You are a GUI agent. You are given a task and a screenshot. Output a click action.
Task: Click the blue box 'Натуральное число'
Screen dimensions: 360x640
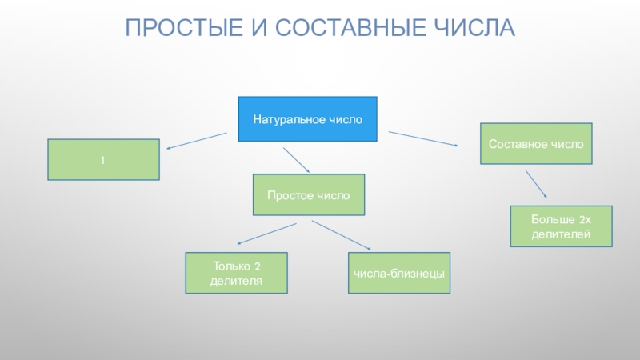pyautogui.click(x=308, y=120)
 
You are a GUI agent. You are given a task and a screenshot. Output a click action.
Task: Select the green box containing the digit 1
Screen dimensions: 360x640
pyautogui.click(x=103, y=160)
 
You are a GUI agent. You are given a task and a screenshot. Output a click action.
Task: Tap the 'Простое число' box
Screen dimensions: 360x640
pyautogui.click(x=308, y=195)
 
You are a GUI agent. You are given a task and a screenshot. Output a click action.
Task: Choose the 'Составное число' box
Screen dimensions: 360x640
pyautogui.click(x=536, y=144)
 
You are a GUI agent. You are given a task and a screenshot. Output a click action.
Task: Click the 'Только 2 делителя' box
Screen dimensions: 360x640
pyautogui.click(x=237, y=273)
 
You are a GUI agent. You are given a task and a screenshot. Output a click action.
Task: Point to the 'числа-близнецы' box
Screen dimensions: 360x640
pyautogui.click(x=399, y=273)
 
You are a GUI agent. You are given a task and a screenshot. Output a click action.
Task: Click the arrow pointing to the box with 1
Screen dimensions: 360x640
pyautogui.click(x=196, y=141)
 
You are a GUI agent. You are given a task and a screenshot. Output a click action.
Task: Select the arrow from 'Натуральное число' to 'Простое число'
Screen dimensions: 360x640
pyautogui.click(x=295, y=160)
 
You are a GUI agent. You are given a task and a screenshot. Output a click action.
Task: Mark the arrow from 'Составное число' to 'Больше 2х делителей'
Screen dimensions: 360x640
pyautogui.click(x=536, y=183)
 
